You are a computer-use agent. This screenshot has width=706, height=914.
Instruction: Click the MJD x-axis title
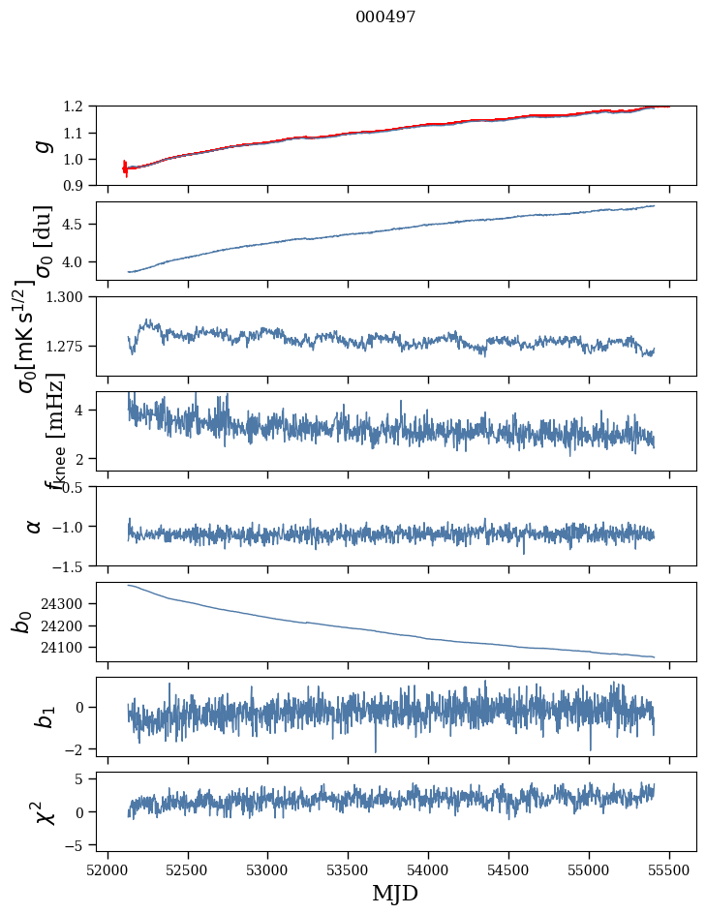click(394, 893)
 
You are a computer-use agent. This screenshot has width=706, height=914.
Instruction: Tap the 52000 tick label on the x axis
click(107, 868)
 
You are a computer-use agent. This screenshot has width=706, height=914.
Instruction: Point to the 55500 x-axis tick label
click(670, 868)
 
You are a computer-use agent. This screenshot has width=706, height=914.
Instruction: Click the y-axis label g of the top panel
click(41, 145)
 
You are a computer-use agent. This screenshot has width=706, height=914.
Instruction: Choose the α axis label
click(34, 525)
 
